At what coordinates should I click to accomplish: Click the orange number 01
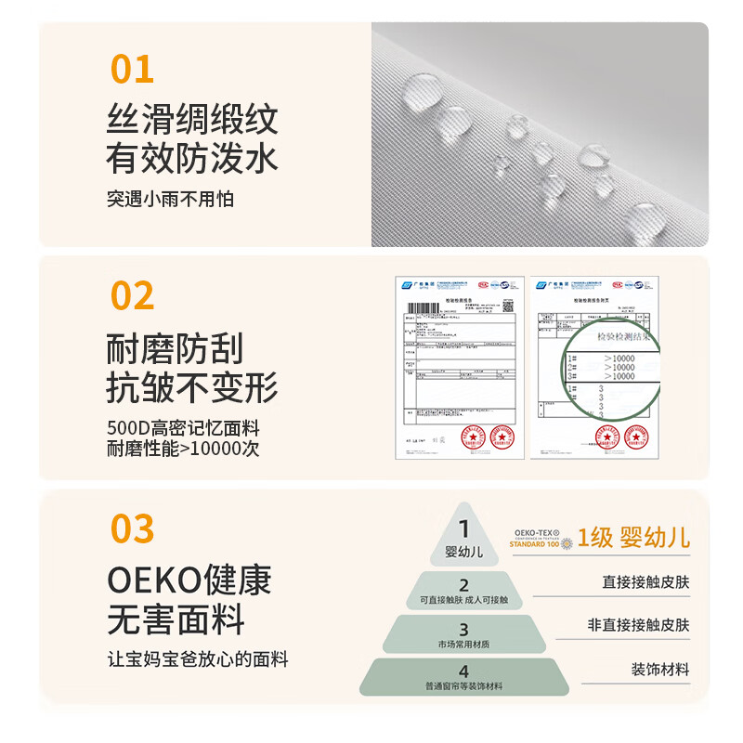133,70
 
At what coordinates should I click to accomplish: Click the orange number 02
133,295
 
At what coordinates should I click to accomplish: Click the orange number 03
133,528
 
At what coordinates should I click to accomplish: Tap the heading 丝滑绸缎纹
192,121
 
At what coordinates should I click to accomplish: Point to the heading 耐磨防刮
175,349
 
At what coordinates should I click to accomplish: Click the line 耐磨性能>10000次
183,449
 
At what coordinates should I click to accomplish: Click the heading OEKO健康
189,580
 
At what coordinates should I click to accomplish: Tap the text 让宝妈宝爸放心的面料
198,659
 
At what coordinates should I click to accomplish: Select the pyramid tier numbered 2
464,592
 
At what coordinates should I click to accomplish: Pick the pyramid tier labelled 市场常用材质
464,633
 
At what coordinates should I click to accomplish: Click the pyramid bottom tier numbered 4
464,677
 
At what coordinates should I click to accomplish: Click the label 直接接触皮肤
645,582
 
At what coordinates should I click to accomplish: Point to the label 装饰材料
660,669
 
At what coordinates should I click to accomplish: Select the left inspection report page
455,367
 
